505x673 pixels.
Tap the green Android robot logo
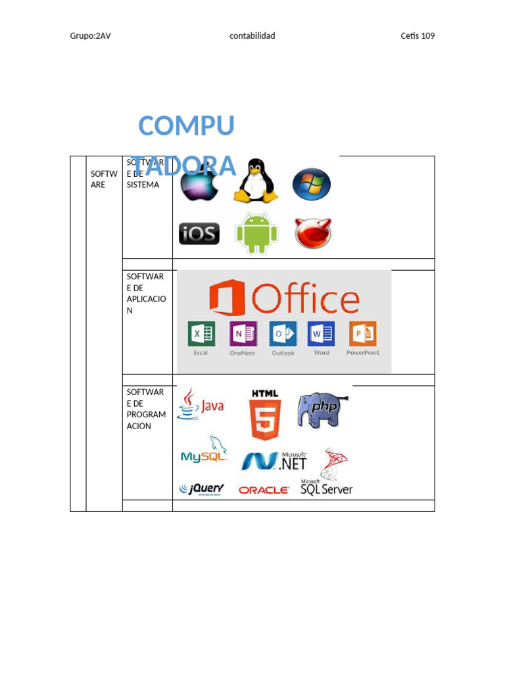coord(256,234)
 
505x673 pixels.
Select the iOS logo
coord(199,233)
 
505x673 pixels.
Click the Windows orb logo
coord(311,184)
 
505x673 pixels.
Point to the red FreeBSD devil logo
coord(313,233)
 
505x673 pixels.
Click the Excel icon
coord(201,334)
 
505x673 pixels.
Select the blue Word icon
coord(322,334)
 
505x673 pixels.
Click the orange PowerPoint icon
coord(362,334)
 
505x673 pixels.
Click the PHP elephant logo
coord(321,409)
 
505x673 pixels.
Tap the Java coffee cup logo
coord(201,404)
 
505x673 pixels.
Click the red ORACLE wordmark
coord(264,490)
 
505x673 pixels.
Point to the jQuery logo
coord(202,489)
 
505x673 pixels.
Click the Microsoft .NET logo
coord(274,461)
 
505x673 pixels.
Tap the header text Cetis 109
coord(418,36)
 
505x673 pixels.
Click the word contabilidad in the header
coord(252,36)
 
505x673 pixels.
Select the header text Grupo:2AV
coord(90,36)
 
